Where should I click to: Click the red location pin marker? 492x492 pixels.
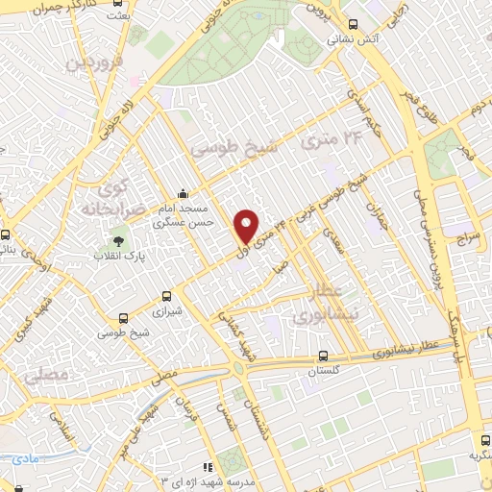tap(246, 226)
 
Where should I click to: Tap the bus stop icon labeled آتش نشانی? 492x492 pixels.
tap(353, 25)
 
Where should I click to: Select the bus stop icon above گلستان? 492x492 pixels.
tap(323, 356)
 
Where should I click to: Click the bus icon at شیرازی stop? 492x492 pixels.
tap(167, 296)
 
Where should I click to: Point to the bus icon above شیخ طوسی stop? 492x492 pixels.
tap(122, 318)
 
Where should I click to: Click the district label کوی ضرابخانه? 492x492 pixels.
tap(100, 191)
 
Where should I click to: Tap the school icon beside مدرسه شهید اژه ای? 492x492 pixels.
tap(209, 467)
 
